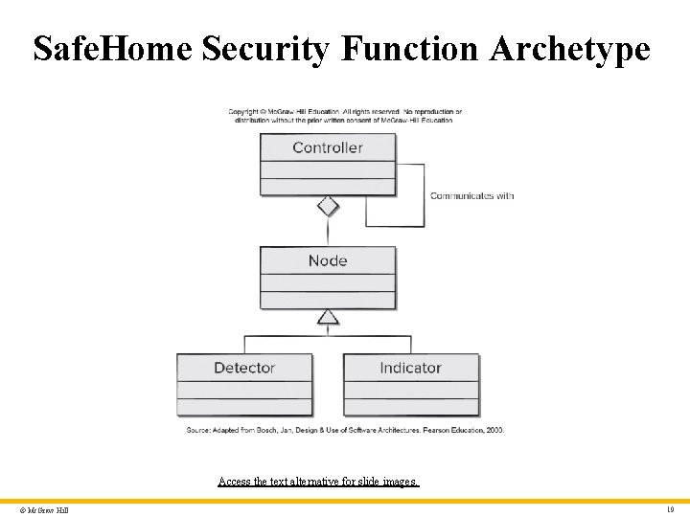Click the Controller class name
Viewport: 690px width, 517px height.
point(328,147)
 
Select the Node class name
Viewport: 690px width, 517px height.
point(328,260)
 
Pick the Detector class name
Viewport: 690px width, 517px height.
point(244,368)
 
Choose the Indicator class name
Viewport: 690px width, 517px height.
point(410,368)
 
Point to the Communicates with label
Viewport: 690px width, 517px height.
point(471,195)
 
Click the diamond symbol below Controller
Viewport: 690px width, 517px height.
point(328,206)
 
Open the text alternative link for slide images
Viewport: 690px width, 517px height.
point(318,482)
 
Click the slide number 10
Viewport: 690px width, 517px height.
point(671,509)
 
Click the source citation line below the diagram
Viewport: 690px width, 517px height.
point(345,430)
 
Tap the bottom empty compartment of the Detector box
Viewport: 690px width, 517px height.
point(244,407)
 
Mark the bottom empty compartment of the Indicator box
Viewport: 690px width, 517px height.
point(410,407)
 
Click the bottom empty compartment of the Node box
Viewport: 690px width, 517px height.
point(328,300)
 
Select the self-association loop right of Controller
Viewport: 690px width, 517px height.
point(424,195)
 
